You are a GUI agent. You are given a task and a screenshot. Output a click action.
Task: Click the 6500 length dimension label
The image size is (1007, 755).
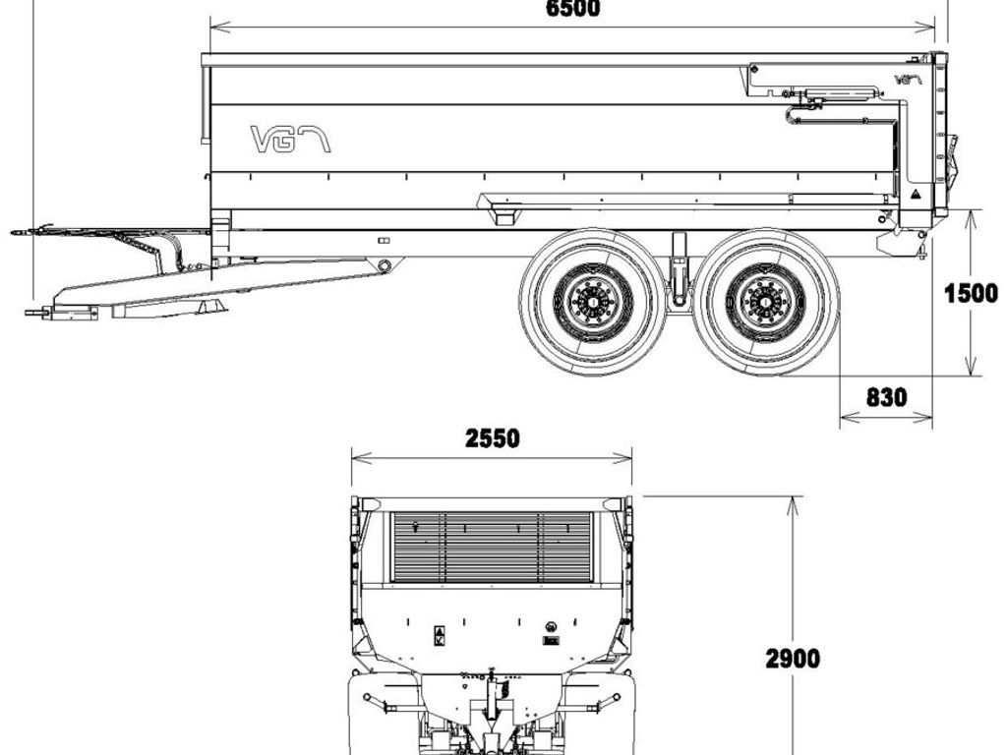pos(573,8)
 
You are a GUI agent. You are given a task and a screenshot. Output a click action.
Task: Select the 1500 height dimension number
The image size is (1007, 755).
pos(971,293)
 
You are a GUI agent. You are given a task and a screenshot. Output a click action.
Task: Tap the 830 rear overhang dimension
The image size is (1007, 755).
pos(887,397)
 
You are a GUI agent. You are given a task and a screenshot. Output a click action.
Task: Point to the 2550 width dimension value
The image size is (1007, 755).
pos(492,438)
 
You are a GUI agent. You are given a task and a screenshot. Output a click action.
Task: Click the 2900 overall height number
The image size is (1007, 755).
pos(793,658)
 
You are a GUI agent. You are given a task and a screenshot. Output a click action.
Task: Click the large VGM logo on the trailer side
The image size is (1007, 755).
pos(290,140)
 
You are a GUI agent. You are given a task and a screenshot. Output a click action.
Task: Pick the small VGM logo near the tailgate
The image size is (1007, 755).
pos(908,80)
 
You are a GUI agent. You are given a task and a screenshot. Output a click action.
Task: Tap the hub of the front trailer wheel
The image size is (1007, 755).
pos(593,302)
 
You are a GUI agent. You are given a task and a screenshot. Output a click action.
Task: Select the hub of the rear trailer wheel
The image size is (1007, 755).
pos(765,302)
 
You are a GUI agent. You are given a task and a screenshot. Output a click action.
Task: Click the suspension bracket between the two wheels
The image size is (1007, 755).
pos(679,269)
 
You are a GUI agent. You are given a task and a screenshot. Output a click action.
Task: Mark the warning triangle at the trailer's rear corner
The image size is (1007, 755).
pos(915,194)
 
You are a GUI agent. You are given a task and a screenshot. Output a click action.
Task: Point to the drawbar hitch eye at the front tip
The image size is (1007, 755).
pos(29,313)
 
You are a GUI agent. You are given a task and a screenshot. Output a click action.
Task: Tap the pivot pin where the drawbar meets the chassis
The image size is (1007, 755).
pos(385,265)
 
